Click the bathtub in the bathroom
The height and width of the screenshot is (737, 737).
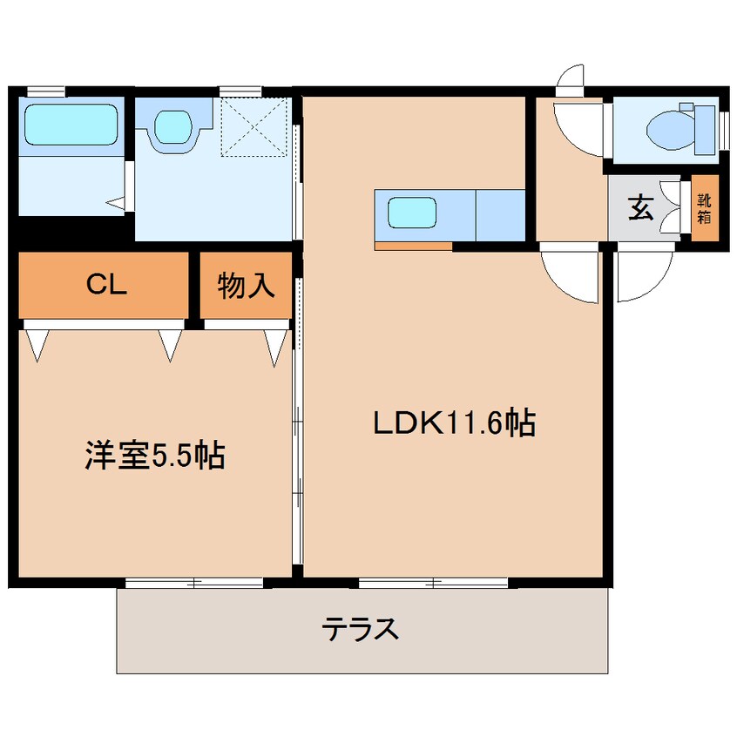point(71,125)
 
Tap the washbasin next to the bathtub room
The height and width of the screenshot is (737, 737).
point(173,125)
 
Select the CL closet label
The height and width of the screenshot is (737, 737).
point(105,284)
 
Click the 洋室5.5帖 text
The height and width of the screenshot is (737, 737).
point(154,455)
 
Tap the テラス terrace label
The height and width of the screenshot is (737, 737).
point(361,628)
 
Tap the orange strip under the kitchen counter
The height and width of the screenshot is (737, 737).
point(413,246)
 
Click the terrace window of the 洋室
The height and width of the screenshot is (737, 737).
point(194,583)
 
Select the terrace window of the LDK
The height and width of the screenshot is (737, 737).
point(434,583)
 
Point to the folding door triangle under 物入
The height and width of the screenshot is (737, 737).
point(275,346)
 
